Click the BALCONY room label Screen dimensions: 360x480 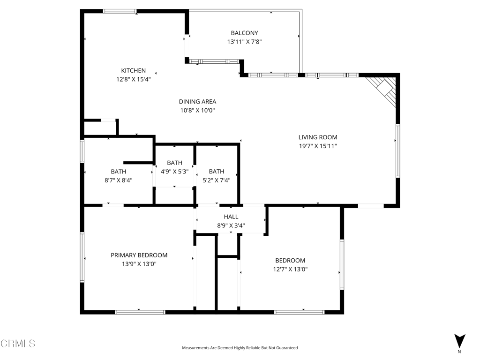click(244, 33)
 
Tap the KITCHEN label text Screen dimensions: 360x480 click(133, 70)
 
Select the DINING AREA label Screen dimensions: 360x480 click(197, 101)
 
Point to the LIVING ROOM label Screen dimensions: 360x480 click(318, 137)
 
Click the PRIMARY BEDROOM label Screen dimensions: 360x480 click(139, 255)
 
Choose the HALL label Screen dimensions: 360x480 click(231, 217)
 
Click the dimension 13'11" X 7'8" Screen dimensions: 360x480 click(244, 42)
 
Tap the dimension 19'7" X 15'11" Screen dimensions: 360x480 click(318, 146)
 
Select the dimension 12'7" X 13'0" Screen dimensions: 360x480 click(290, 270)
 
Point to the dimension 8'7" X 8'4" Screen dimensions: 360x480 click(118, 180)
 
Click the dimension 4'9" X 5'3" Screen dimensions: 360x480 click(174, 172)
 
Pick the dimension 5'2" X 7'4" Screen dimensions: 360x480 click(216, 180)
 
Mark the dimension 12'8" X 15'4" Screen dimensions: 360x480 click(133, 79)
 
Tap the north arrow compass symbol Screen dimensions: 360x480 click(459, 341)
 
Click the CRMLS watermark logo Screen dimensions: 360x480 click(18, 344)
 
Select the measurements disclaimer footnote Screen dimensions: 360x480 click(240, 348)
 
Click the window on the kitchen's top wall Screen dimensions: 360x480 click(120, 11)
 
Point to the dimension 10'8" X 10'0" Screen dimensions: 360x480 click(197, 110)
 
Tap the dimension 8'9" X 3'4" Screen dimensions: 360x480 click(231, 225)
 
